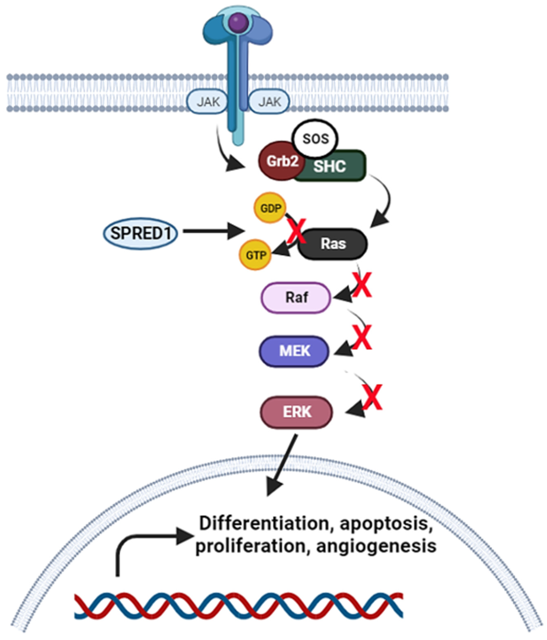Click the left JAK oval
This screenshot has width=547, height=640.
[207, 101]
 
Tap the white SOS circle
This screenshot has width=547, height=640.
[315, 139]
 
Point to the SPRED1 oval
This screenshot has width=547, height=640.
[141, 233]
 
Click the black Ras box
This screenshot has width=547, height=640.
[333, 244]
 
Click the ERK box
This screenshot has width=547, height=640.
[296, 412]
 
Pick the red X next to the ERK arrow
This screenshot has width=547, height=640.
[372, 397]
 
